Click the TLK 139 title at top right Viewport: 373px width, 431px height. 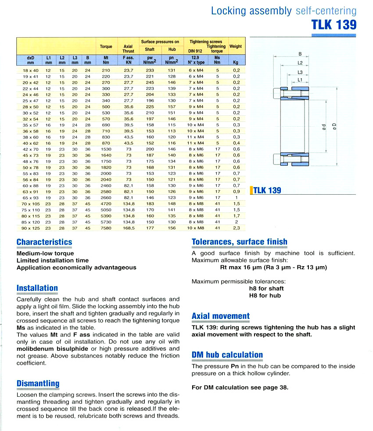[334, 25]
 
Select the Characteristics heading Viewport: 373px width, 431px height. [44, 242]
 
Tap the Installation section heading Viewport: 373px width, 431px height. [37, 288]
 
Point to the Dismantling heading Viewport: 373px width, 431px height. [38, 384]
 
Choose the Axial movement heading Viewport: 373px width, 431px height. [221, 316]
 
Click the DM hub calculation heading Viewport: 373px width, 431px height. [227, 355]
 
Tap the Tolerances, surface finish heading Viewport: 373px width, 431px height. [240, 242]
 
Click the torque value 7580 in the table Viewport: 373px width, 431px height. [106, 228]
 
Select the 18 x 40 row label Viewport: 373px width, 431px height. [30, 70]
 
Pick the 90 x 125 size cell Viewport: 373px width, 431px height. [30, 228]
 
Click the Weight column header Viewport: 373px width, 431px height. [236, 46]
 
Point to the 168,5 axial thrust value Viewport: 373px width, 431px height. [128, 228]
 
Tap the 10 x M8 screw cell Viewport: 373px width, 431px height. [195, 228]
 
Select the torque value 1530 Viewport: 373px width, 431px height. [106, 149]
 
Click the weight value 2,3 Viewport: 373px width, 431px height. [236, 228]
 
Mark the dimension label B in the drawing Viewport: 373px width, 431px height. [300, 54]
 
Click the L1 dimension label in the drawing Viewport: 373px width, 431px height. [300, 79]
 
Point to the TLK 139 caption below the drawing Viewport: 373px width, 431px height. [267, 190]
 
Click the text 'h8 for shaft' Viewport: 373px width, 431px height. [266, 289]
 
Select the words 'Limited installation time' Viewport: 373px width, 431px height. [53, 260]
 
